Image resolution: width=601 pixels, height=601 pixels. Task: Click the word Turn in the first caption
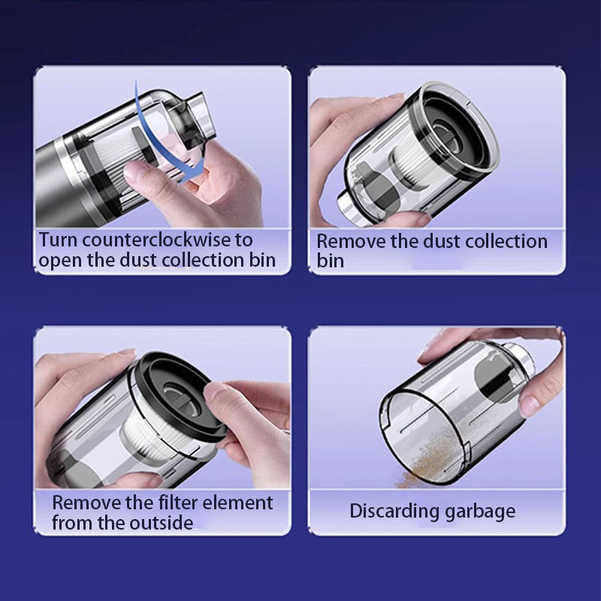click(x=57, y=240)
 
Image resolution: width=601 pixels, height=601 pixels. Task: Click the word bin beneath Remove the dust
click(x=330, y=261)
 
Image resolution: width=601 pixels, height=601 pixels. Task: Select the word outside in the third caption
click(x=161, y=522)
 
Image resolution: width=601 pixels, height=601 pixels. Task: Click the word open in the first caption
click(x=59, y=261)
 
